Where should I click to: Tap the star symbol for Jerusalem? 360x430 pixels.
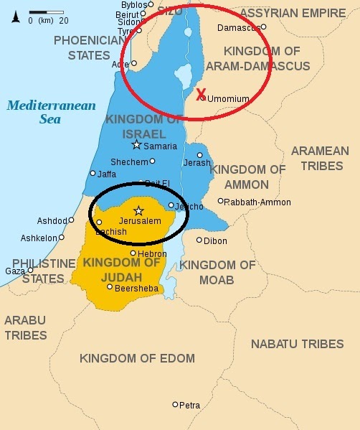(139, 210)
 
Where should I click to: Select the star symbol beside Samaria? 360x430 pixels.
(137, 145)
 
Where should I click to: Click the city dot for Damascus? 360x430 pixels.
(263, 27)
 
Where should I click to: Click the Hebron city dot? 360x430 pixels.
(133, 253)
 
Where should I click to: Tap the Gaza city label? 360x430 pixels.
(14, 271)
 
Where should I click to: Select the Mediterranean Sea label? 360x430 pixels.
(51, 112)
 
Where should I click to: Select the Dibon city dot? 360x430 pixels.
(199, 240)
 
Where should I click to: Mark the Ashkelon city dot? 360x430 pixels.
(62, 237)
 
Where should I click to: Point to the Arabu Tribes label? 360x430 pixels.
(25, 327)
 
